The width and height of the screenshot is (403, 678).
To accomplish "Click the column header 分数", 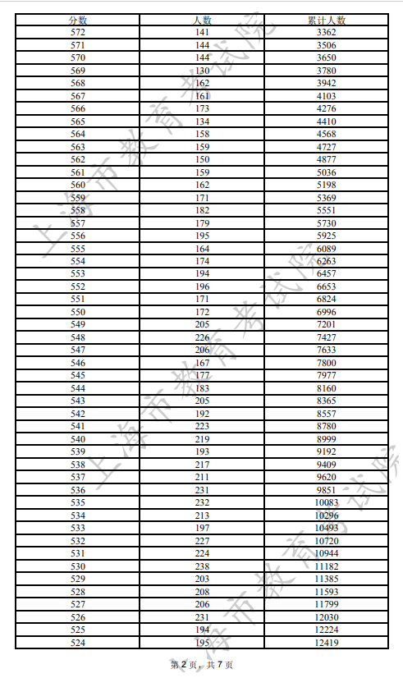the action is click(78, 20).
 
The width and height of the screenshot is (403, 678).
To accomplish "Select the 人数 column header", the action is click(201, 20).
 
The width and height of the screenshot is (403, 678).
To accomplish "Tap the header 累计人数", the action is click(326, 20).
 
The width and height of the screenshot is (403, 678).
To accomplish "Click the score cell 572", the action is click(78, 32).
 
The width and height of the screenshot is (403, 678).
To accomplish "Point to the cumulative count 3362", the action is click(326, 32).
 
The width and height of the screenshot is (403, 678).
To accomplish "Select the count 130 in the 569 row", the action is click(201, 70).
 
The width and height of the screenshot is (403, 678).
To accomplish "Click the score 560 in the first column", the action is click(78, 186).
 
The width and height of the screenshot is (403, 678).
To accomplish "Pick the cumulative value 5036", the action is click(326, 172).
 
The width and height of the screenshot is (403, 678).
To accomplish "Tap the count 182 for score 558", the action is click(201, 210).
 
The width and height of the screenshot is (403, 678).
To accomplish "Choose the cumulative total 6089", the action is click(326, 249).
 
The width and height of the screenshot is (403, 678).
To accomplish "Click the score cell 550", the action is click(78, 312).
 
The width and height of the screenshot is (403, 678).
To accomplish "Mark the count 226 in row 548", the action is click(201, 337).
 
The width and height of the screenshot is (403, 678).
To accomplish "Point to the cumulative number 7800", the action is click(326, 363).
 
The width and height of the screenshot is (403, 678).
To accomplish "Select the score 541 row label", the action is click(78, 426).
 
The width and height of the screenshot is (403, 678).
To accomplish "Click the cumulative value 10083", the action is click(326, 502).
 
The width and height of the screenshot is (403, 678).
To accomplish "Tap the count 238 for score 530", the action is click(201, 566).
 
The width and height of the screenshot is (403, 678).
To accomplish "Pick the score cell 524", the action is click(78, 643).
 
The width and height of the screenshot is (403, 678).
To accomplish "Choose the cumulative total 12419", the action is click(326, 643).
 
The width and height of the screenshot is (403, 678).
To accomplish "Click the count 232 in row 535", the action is click(201, 502).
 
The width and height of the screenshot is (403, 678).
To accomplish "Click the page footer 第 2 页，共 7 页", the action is click(201, 664).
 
